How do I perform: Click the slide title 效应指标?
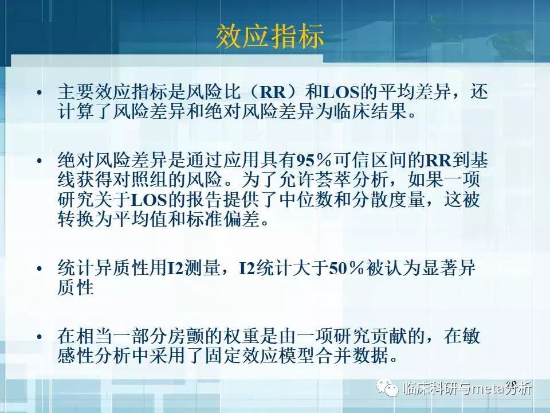pyautogui.click(x=270, y=37)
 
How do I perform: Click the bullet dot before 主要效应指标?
pyautogui.click(x=38, y=93)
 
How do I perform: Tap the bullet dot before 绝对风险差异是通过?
pyautogui.click(x=38, y=162)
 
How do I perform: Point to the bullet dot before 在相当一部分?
pyautogui.click(x=38, y=337)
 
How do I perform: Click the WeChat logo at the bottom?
pyautogui.click(x=391, y=389)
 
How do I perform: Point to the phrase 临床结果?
pyautogui.click(x=369, y=111)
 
